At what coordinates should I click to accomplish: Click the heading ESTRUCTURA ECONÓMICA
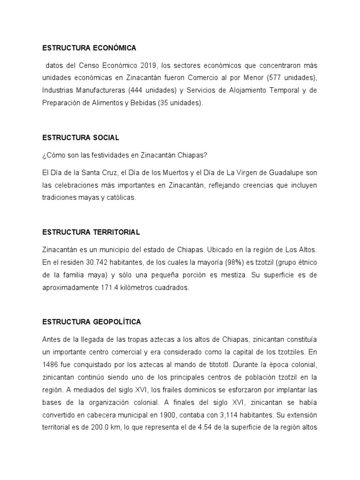click(x=89, y=48)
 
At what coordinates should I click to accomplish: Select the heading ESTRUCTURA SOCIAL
click(x=81, y=138)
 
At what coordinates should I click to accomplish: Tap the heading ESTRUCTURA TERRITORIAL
click(x=91, y=232)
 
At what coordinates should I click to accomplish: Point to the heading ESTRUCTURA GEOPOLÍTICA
click(x=91, y=322)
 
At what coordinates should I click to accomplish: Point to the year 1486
click(x=51, y=363)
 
